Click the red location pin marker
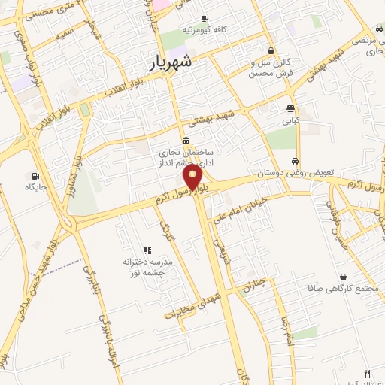click(x=193, y=179)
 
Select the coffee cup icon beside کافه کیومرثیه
click(x=204, y=20)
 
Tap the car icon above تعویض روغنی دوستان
click(x=295, y=162)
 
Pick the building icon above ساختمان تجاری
click(x=186, y=141)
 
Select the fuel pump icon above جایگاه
click(x=35, y=176)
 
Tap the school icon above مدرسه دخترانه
click(x=147, y=250)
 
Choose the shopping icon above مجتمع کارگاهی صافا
click(x=344, y=277)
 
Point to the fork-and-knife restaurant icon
click(x=367, y=373)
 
